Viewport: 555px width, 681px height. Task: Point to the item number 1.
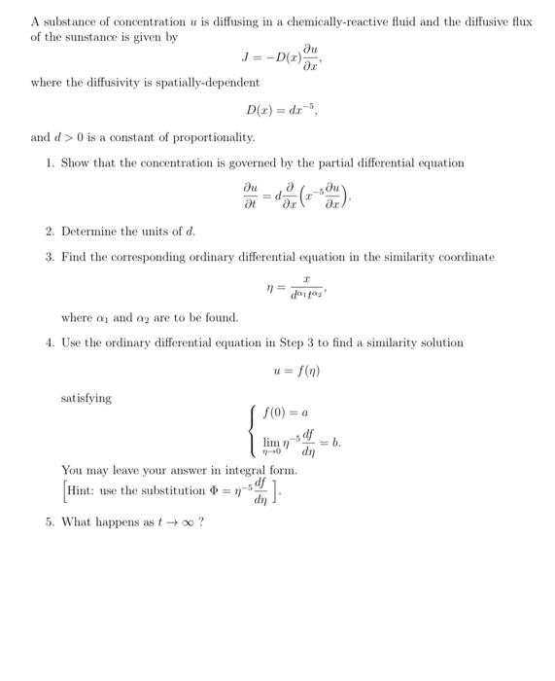pos(49,162)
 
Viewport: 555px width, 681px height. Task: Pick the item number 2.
pos(49,232)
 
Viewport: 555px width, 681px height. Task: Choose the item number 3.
pos(49,257)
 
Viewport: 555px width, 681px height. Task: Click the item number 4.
pos(49,342)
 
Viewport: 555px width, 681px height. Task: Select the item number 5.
pos(49,521)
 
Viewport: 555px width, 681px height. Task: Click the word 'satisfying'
pos(86,398)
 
